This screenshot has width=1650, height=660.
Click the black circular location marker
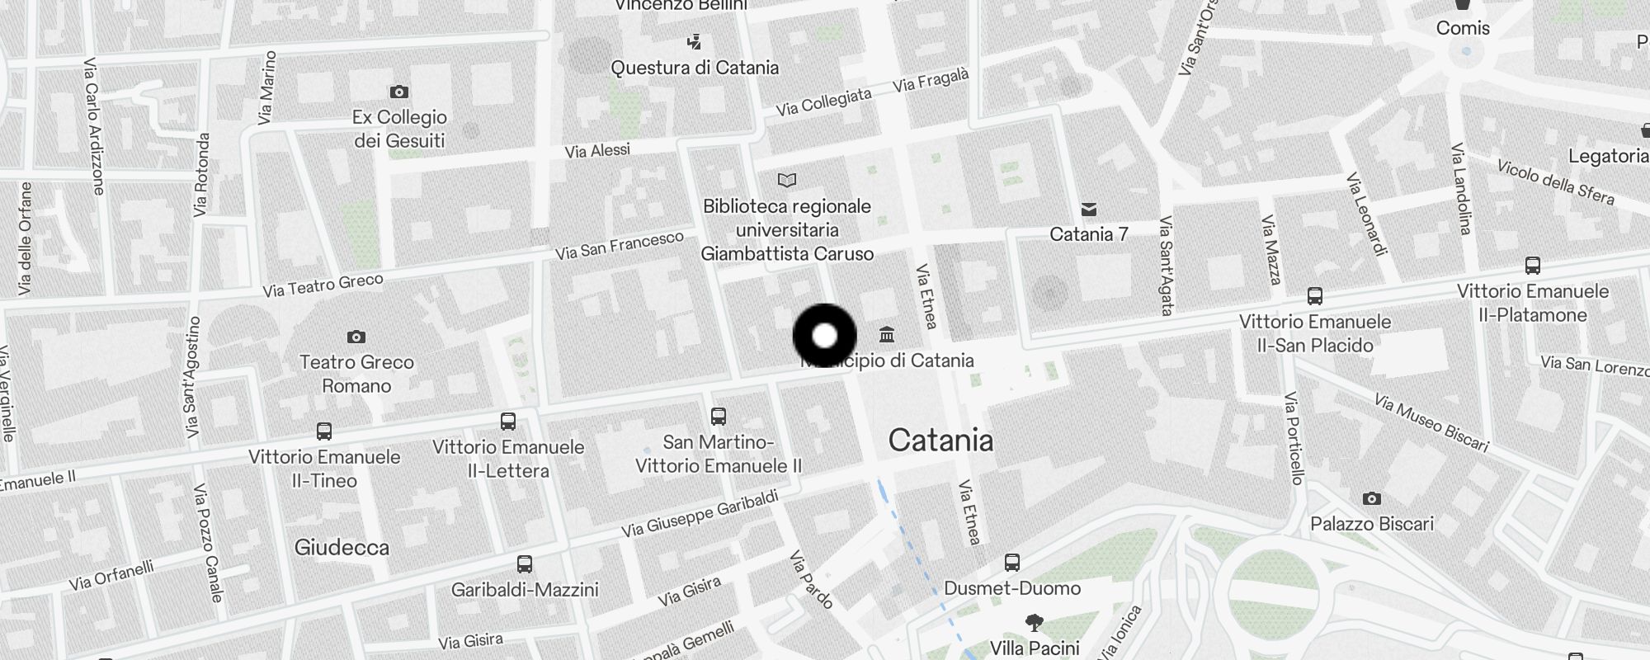(824, 336)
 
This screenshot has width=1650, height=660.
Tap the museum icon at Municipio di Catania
(887, 335)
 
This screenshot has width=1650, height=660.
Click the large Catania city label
(940, 441)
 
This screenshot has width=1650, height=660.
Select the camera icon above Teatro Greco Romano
(356, 337)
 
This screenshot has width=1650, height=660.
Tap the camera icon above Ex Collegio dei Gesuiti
(398, 92)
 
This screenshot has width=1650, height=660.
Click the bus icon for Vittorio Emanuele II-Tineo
(324, 431)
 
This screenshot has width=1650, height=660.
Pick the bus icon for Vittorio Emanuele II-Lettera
(508, 422)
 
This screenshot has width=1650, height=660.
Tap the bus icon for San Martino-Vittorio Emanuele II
(719, 417)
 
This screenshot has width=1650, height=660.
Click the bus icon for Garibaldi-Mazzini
(525, 564)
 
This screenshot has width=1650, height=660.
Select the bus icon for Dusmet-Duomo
(1012, 563)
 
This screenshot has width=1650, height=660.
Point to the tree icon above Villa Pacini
(1034, 622)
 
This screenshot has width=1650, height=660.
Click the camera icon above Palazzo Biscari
(1371, 498)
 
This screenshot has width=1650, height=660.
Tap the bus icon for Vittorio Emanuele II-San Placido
(1315, 296)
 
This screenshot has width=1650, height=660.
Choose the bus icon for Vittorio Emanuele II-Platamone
(1533, 266)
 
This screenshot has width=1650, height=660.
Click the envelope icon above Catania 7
(1089, 210)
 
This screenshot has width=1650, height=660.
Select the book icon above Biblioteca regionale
(787, 180)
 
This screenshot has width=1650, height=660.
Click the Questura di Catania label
(695, 68)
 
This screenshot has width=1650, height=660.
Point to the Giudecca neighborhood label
(342, 547)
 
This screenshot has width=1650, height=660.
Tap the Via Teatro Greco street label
(323, 285)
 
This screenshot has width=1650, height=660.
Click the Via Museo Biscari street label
(1431, 423)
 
